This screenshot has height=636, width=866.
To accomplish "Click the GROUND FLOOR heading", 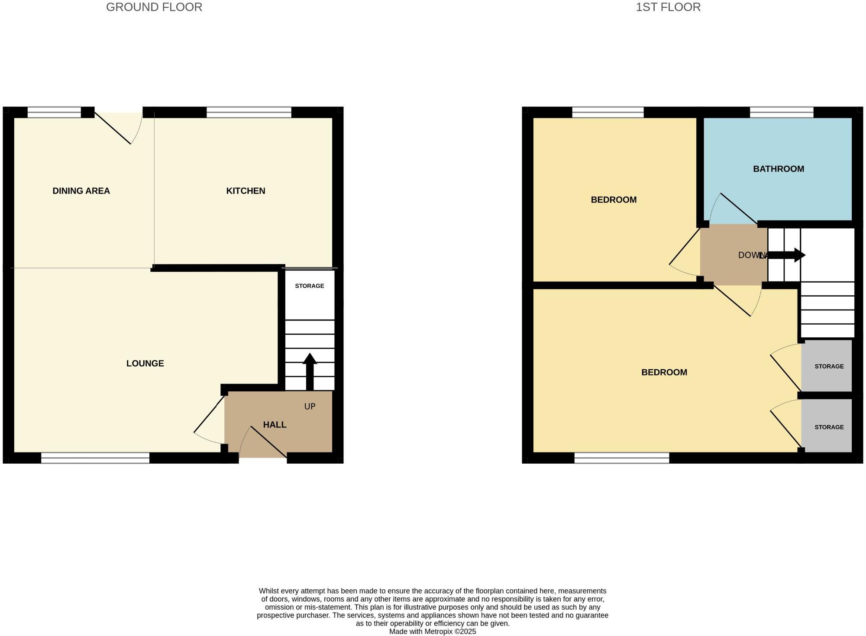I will (x=154, y=7).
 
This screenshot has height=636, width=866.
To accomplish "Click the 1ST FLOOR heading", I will (x=668, y=7).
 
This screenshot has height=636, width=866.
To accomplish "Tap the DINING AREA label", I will (x=81, y=191).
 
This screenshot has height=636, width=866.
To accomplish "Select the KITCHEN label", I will (x=246, y=191).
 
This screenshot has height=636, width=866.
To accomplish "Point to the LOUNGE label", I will (x=145, y=364).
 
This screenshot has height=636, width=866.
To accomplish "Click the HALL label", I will (x=275, y=425).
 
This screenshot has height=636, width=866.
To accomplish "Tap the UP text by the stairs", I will (x=310, y=407).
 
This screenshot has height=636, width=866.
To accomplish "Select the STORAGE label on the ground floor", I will (x=309, y=286).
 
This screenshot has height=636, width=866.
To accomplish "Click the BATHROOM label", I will (x=778, y=169).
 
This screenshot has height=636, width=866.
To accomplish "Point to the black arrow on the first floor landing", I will (x=786, y=255).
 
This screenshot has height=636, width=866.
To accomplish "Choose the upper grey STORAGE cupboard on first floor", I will (x=827, y=366).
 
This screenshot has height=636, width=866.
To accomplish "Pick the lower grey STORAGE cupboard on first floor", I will (x=827, y=427).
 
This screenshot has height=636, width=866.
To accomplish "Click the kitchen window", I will (x=249, y=113).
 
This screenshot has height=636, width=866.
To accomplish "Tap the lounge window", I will (x=95, y=458).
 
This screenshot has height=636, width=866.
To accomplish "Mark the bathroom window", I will (x=782, y=113).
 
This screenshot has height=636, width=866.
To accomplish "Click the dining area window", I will (x=54, y=113).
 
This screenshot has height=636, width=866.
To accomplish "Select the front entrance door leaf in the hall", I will (x=268, y=442).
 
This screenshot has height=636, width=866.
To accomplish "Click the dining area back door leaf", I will (x=113, y=128).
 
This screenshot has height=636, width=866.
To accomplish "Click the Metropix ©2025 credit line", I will (x=432, y=632).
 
